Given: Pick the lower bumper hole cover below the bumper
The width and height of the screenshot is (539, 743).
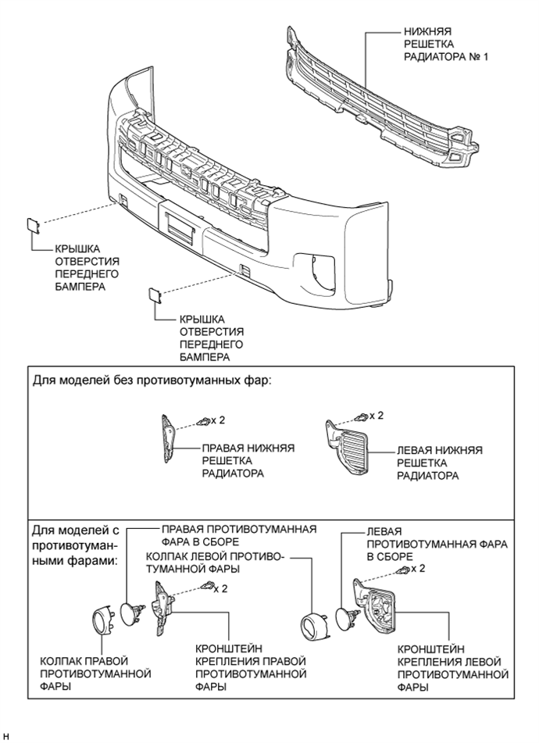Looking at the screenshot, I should coord(154,295).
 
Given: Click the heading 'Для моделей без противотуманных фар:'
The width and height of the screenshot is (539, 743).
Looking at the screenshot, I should coord(150,381).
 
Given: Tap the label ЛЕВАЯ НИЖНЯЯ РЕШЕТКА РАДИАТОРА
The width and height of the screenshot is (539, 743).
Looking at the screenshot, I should coord(439,463).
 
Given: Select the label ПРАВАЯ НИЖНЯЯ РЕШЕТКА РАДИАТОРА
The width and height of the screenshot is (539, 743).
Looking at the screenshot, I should coord(248,461).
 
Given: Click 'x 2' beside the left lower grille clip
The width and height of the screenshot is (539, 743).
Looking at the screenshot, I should coord(377,415).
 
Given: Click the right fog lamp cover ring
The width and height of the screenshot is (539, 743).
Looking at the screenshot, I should coord(103,620).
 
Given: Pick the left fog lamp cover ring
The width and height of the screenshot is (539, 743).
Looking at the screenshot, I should coord(315,625).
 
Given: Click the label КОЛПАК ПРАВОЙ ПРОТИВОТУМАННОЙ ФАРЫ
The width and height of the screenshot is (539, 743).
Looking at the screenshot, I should coord(95,673).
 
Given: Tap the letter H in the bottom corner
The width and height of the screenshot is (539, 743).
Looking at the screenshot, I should coord(5,736).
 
